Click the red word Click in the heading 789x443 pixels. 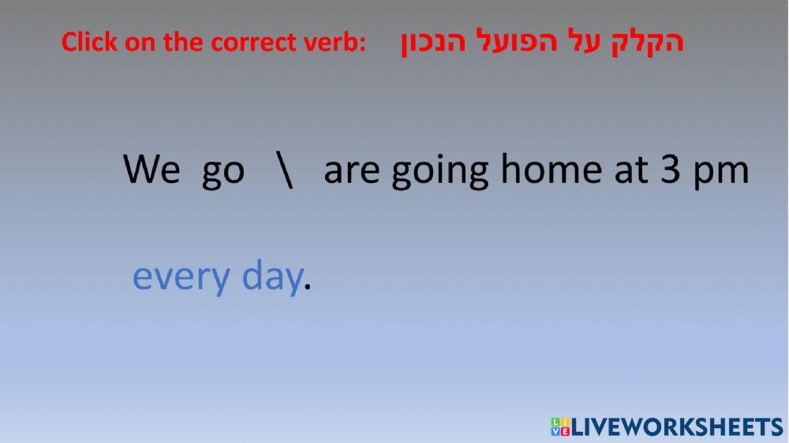[x=89, y=42]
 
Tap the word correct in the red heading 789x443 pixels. [x=254, y=43]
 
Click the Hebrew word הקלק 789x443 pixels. [x=648, y=41]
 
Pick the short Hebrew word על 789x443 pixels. [x=583, y=41]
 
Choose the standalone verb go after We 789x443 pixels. [x=223, y=173]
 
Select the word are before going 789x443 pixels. [x=352, y=171]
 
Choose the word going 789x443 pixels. [x=439, y=171]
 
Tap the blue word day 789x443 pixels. [x=272, y=276]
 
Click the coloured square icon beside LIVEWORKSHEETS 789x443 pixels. [x=560, y=426]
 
